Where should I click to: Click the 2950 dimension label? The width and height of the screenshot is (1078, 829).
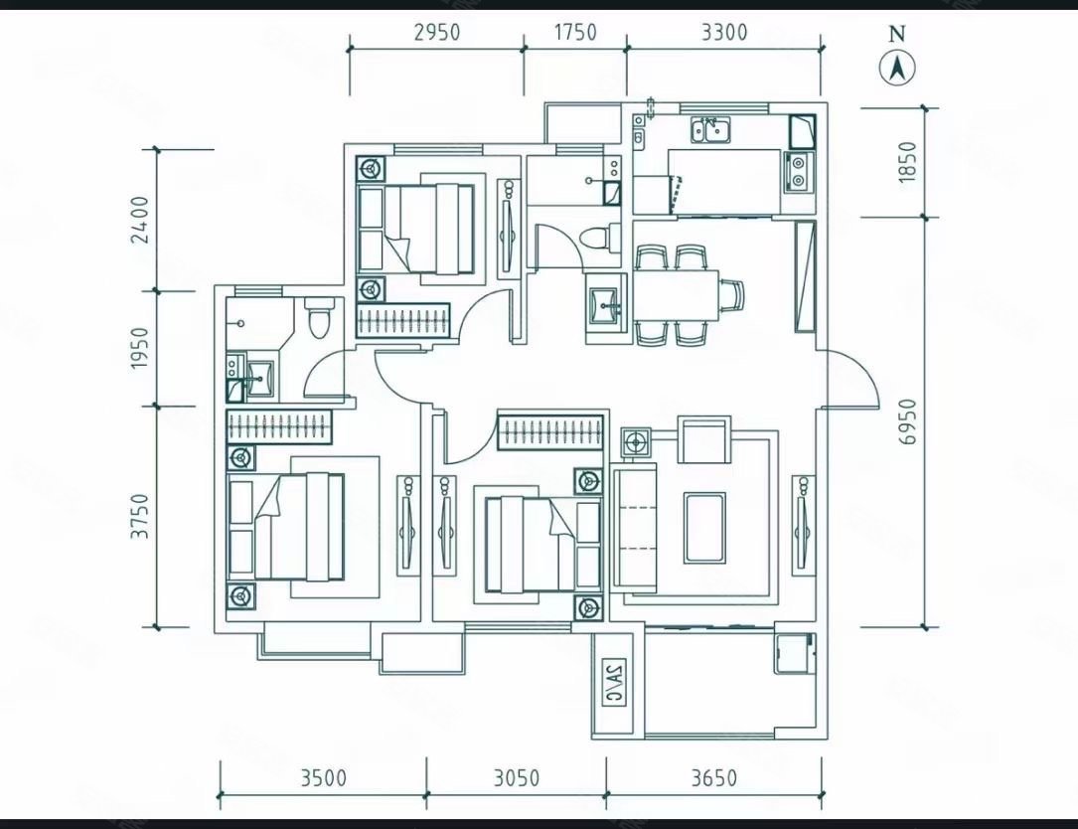[x=436, y=33]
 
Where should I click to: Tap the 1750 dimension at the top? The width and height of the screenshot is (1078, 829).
[x=575, y=33]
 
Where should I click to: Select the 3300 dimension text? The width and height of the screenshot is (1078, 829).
[x=724, y=33]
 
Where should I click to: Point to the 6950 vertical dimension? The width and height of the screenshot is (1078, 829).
[x=908, y=421]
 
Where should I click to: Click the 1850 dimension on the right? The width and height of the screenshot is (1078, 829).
[x=908, y=162]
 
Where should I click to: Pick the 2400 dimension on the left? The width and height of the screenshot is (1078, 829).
[x=140, y=220]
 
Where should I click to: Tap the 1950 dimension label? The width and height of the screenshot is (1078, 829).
[x=140, y=348]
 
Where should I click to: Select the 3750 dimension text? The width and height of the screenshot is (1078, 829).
[x=140, y=516]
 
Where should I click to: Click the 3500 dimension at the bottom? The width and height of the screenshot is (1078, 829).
[x=323, y=778]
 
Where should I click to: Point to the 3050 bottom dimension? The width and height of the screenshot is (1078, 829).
[x=517, y=778]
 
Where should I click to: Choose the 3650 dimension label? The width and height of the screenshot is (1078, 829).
[x=713, y=778]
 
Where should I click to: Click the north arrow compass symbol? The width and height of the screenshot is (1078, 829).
[x=897, y=69]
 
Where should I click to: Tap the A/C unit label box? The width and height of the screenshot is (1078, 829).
[x=614, y=683]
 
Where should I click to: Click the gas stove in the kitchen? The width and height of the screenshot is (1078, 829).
[x=798, y=171]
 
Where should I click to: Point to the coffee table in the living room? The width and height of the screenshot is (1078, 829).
[x=704, y=528]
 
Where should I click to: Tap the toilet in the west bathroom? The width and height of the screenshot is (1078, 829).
[x=318, y=317]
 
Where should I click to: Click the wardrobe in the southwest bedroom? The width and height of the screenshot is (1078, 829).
[x=279, y=426]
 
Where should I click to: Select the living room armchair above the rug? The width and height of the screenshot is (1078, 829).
[x=704, y=439]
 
